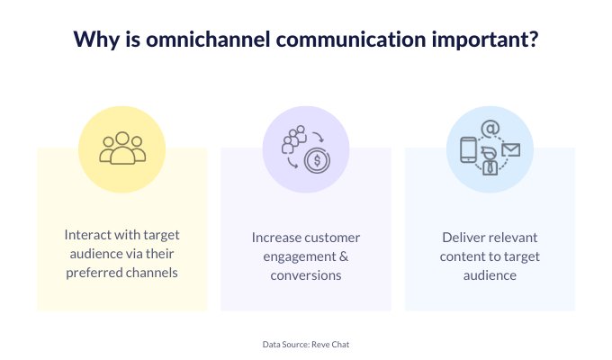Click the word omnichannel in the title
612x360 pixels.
(208, 39)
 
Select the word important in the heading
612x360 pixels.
(480, 40)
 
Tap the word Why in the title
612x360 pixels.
(96, 40)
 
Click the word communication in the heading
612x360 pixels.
(351, 39)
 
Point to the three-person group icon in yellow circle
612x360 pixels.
(122, 148)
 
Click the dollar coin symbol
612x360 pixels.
(318, 160)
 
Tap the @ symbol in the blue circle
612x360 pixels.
(490, 129)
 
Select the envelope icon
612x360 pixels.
(511, 150)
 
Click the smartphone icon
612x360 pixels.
(468, 150)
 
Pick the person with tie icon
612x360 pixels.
(490, 161)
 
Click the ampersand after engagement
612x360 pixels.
(344, 256)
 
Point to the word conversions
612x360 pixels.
(306, 275)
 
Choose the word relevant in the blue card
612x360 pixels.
(514, 238)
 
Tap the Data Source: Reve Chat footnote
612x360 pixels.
(306, 345)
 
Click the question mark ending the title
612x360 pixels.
(534, 39)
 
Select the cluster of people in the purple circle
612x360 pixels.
(294, 139)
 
